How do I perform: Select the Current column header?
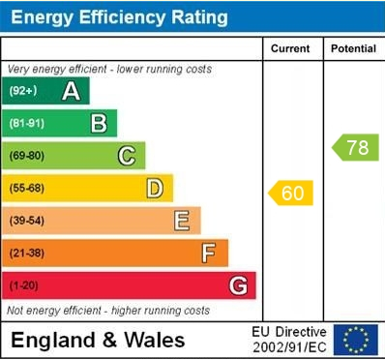point(290,48)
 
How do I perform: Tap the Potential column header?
point(354,48)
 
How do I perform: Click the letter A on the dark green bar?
point(71,92)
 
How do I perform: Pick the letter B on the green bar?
point(99,124)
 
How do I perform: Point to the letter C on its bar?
point(127,156)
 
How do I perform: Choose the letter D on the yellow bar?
point(155,189)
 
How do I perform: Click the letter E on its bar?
point(182,221)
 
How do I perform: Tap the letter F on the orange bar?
point(209,254)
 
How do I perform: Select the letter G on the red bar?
point(238,285)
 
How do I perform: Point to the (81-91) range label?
point(26,124)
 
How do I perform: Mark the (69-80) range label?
point(26,156)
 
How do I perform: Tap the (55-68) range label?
point(26,189)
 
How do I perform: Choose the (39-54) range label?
point(26,221)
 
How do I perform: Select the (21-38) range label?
point(26,254)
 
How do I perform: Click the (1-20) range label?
point(23,285)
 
